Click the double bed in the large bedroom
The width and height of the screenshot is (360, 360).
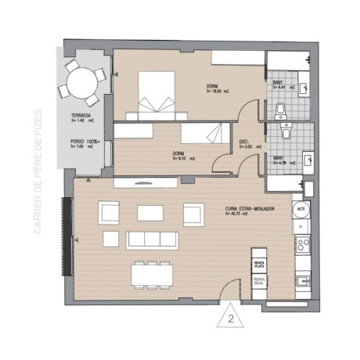pos(156,91)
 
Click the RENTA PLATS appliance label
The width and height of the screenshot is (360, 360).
pos(259,264)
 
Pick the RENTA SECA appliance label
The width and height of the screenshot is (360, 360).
pos(260,280)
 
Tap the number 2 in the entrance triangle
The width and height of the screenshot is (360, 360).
pos(231,319)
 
